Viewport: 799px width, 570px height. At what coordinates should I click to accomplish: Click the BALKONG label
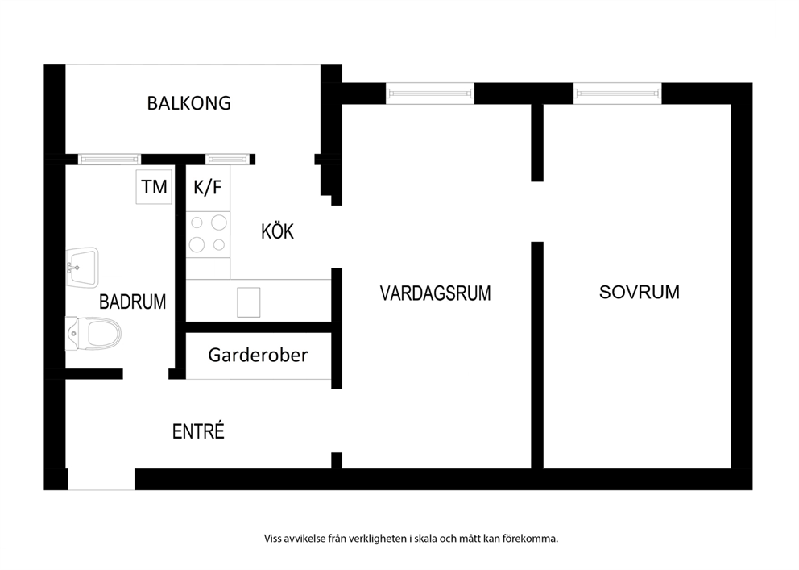189,103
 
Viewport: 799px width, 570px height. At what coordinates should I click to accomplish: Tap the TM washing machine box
154,187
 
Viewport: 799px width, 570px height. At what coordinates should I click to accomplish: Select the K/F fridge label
207,188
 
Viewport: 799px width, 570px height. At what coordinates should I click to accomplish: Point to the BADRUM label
132,302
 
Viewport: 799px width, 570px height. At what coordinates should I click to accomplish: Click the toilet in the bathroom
93,334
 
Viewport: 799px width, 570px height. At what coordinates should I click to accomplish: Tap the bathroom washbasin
82,268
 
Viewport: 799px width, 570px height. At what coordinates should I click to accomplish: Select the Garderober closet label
258,355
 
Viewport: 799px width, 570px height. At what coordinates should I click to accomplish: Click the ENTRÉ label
198,431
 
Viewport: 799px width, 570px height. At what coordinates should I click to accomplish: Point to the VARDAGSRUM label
436,293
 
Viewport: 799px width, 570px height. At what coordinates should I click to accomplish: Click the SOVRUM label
639,292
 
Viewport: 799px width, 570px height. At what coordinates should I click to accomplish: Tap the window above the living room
430,94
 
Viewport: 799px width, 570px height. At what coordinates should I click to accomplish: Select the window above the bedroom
618,94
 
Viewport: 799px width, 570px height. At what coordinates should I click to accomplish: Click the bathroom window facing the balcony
110,160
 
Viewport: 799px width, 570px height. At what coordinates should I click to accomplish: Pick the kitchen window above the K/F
228,160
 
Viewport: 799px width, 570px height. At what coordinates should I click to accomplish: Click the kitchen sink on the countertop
249,302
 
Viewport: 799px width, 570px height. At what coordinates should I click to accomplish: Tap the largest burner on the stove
219,223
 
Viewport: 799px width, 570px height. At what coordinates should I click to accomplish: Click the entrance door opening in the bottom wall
101,479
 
